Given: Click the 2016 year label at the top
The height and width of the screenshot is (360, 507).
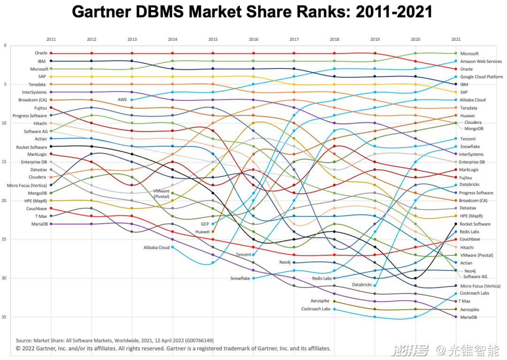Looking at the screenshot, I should pyautogui.click(x=253, y=39).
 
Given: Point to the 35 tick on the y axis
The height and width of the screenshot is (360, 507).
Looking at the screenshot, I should pyautogui.click(x=5, y=317).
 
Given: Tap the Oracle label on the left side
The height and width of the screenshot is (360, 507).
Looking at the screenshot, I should pyautogui.click(x=41, y=53).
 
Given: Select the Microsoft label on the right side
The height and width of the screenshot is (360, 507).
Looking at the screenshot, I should pyautogui.click(x=469, y=54).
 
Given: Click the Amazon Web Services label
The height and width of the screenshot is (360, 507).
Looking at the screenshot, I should pyautogui.click(x=481, y=61).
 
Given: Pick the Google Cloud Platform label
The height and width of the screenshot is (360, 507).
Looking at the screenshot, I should pyautogui.click(x=481, y=77).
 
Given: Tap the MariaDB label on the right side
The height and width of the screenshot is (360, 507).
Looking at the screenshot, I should pyautogui.click(x=469, y=317).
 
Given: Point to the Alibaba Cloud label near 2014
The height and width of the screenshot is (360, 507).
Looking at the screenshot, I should pyautogui.click(x=156, y=247).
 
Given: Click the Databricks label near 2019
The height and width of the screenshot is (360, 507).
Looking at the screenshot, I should pyautogui.click(x=361, y=285).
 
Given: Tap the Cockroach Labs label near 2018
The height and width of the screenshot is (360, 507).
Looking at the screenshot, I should pyautogui.click(x=315, y=309).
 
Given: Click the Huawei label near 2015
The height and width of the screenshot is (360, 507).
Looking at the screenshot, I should pyautogui.click(x=203, y=232).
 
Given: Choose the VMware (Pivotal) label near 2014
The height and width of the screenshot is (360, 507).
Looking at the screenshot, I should pyautogui.click(x=161, y=194).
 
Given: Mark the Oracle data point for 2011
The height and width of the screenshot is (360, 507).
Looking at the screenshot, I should pyautogui.click(x=51, y=54).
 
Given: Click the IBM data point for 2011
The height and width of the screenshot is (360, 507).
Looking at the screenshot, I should pyautogui.click(x=51, y=61).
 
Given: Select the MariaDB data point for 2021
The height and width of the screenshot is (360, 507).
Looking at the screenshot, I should pyautogui.click(x=455, y=317).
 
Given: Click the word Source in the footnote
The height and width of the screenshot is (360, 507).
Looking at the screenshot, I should pyautogui.click(x=23, y=341).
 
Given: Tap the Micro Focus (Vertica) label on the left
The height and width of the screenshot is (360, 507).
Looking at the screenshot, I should pyautogui.click(x=27, y=185).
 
